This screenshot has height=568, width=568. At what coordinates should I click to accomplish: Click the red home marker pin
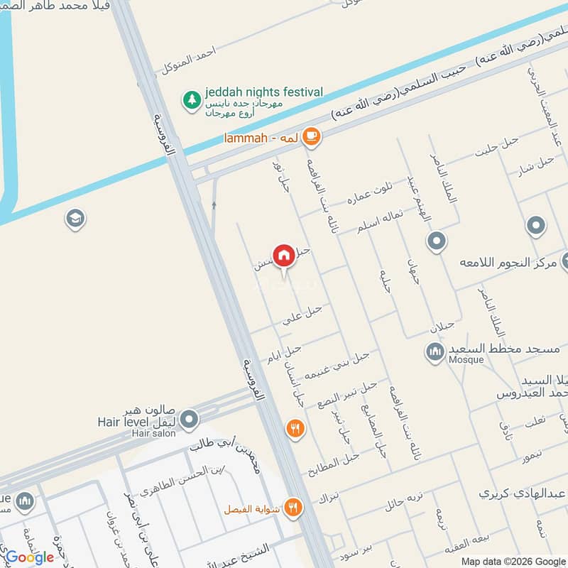[x=283, y=255]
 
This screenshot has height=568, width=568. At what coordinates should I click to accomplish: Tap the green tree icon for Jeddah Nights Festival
[x=191, y=100]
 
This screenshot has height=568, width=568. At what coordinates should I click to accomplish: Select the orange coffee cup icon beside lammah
[x=310, y=136]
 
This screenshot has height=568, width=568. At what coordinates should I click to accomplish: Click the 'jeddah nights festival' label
[x=263, y=92]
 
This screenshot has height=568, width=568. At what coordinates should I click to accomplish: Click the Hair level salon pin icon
[x=189, y=420]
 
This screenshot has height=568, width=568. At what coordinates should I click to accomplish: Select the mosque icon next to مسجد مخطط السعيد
[x=435, y=351]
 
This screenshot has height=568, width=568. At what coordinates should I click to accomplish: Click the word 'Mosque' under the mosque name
[x=466, y=360]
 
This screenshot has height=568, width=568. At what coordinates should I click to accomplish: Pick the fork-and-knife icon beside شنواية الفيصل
[x=293, y=508]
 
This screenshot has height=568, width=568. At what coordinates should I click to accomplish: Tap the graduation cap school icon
[x=75, y=219]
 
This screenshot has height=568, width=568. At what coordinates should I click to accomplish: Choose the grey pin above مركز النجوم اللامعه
[x=536, y=226]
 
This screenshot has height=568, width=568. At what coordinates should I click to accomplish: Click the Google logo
[x=30, y=557]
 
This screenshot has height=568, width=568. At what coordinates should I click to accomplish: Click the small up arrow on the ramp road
[x=214, y=206]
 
